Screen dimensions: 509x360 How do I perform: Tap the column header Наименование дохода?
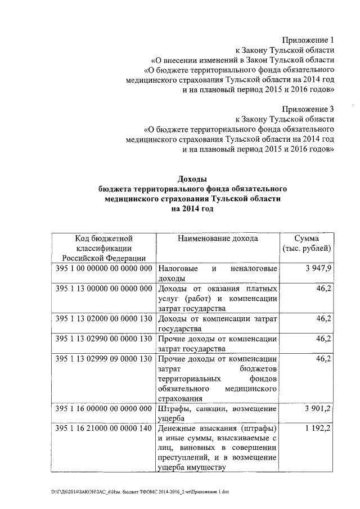218,238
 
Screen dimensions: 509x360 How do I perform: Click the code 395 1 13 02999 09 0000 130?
103,358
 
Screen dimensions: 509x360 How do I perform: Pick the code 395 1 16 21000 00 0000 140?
103,429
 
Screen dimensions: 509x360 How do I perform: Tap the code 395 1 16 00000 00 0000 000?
103,408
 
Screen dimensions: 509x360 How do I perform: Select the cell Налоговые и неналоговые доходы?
218,273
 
